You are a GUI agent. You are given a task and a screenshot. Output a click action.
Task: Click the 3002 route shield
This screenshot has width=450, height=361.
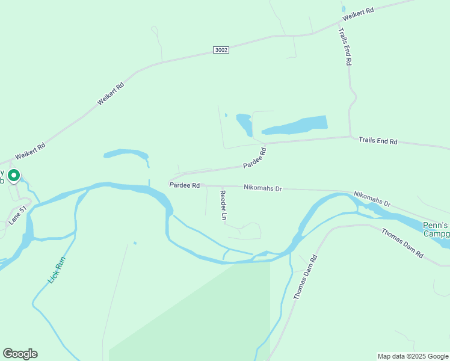(x=221, y=51)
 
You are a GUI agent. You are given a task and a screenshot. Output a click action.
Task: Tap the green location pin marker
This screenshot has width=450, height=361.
(x=13, y=176)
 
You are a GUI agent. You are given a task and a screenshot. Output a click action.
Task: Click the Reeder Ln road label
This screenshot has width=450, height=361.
(x=223, y=205)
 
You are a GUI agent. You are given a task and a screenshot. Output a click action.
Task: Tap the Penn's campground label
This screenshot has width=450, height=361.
(x=436, y=229)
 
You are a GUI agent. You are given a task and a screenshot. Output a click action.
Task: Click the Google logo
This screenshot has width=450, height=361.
(x=20, y=354)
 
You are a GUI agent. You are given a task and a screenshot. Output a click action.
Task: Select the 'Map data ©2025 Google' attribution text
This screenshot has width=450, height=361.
(x=413, y=356)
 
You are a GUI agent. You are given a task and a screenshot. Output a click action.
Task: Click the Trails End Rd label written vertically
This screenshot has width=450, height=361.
(x=345, y=46)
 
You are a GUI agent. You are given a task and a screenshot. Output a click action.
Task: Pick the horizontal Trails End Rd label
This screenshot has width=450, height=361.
(x=378, y=141)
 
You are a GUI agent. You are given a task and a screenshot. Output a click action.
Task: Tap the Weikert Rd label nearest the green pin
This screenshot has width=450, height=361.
(x=30, y=151)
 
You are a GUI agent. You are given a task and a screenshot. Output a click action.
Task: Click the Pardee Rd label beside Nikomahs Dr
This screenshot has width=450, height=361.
(x=184, y=185)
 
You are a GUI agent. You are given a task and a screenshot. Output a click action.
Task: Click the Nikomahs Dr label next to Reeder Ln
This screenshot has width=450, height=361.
(x=263, y=188)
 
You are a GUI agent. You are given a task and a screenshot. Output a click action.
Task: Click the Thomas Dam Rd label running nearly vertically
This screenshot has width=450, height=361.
(x=305, y=277)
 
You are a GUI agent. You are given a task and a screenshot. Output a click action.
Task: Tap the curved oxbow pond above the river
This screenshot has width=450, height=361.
(x=127, y=154)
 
